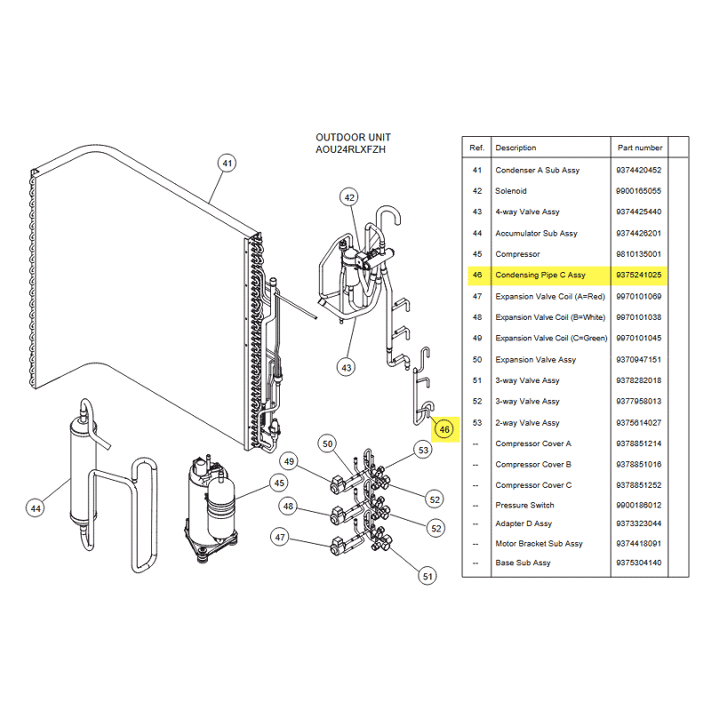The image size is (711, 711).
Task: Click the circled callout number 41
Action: point(228,164)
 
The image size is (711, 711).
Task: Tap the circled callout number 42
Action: point(349,197)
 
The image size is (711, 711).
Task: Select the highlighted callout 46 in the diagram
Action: point(444,429)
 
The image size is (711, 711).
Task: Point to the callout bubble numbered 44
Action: point(36,508)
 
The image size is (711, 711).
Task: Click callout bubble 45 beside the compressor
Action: point(279,483)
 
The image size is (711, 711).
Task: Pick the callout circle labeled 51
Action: point(427,576)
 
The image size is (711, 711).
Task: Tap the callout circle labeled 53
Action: point(423,451)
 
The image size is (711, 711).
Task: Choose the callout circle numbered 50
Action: point(327,443)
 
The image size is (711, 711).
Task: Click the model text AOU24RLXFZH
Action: point(350,149)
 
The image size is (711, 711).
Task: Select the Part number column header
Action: point(640,148)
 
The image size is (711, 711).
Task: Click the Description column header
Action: point(515,148)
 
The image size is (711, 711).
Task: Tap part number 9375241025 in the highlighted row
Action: point(638,275)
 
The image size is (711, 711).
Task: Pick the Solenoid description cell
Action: point(511,191)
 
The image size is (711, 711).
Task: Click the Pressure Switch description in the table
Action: point(524,505)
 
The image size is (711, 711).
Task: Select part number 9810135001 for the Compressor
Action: point(638,254)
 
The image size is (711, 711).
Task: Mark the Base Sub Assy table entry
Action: point(523,563)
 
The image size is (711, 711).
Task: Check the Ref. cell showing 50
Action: point(477,360)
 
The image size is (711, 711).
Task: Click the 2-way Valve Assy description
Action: point(527,423)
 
